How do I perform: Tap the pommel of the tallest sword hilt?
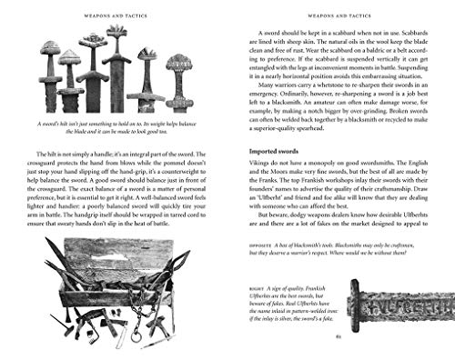pos(117,31)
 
